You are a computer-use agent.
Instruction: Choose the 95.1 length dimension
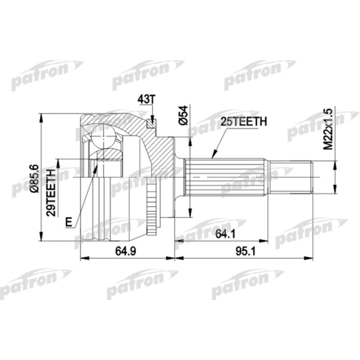246,251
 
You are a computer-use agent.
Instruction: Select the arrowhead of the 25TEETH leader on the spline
212,156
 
